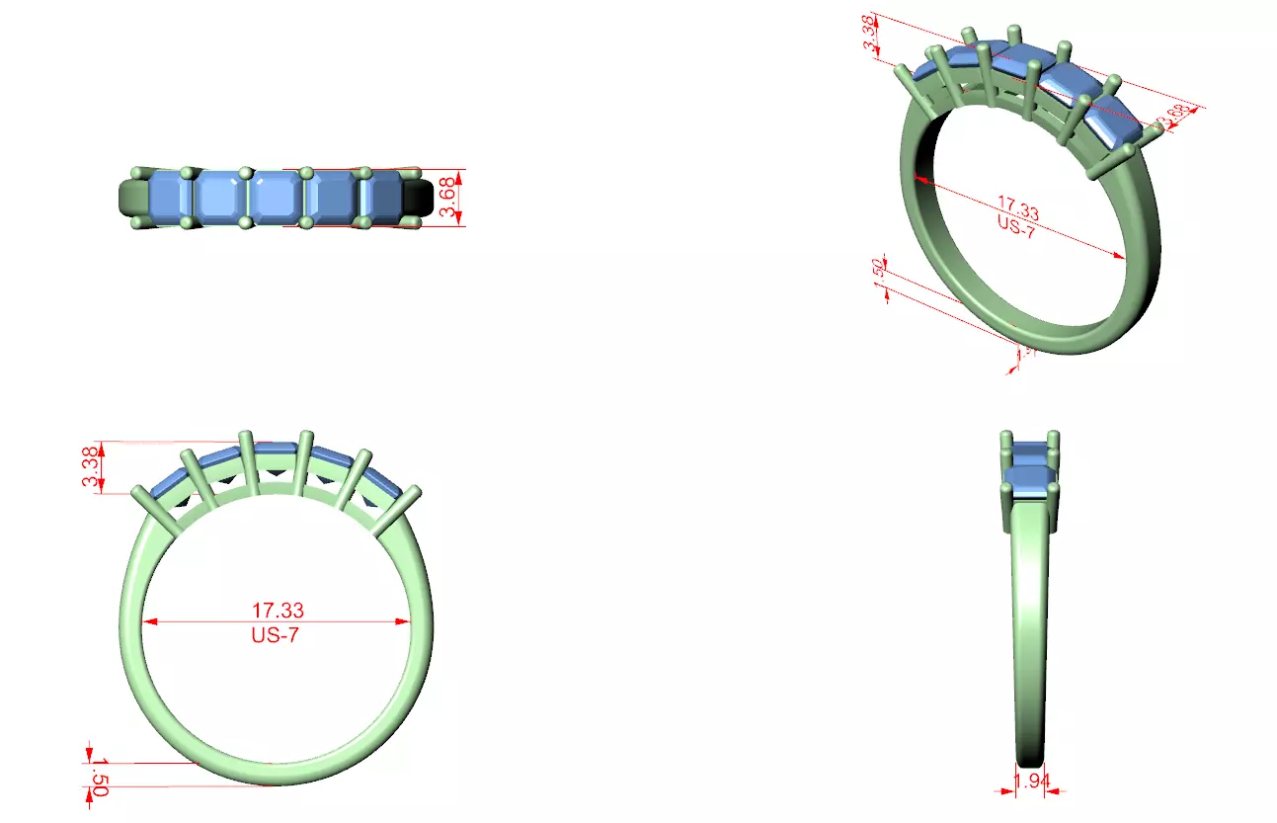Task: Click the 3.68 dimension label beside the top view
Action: [x=448, y=198]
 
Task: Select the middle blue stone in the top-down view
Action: [x=277, y=197]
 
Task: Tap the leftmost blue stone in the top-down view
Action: [x=166, y=197]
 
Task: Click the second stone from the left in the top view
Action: [x=220, y=197]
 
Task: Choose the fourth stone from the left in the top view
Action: [x=332, y=197]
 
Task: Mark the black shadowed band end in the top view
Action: [x=418, y=198]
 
